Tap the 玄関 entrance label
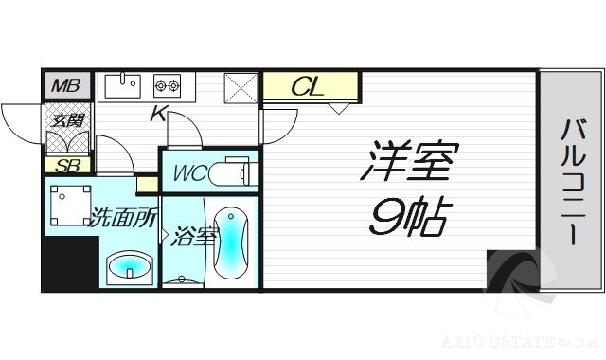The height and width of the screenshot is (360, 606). [x=66, y=120]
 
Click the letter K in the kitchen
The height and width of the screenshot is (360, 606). [x=158, y=116]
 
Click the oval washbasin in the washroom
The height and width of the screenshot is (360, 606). [x=128, y=267]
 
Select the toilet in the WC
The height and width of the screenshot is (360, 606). [x=232, y=174]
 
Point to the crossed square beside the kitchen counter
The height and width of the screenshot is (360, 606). [x=241, y=88]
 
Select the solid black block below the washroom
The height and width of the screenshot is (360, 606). [x=70, y=262]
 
